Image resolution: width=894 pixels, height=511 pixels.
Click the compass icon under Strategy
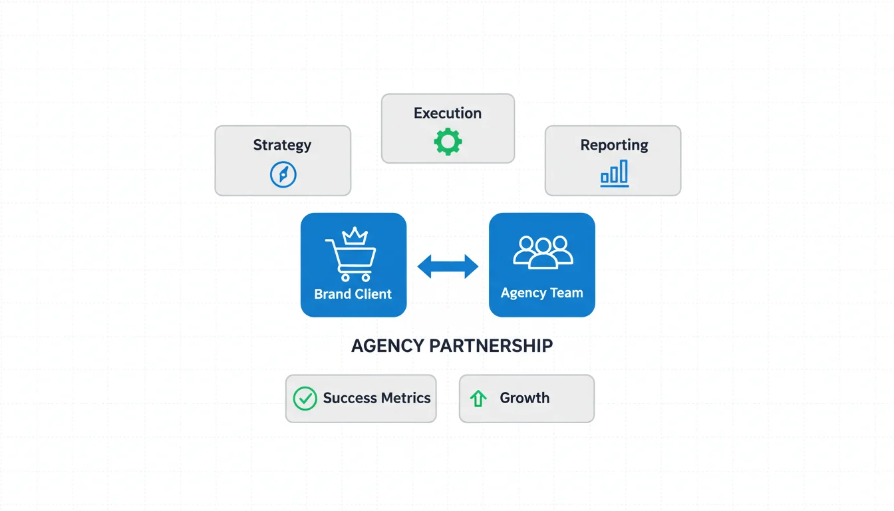[x=283, y=175]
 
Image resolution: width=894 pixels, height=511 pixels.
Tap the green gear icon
[x=448, y=142]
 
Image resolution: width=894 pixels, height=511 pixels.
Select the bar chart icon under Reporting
[x=614, y=174]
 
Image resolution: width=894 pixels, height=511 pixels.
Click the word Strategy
[x=282, y=145]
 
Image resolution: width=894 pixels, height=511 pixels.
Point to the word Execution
[x=448, y=113]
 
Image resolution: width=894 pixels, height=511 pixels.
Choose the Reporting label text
[x=614, y=145]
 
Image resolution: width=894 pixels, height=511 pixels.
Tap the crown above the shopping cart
[x=354, y=236]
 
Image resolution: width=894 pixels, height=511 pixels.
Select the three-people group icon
[x=543, y=252]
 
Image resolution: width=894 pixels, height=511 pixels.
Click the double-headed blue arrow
[x=448, y=266]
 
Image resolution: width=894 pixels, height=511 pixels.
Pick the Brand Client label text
[x=353, y=294]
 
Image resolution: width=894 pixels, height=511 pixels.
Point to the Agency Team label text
[x=541, y=293]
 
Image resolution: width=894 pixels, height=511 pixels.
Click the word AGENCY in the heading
[x=388, y=346]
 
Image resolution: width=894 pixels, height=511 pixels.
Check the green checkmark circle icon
[x=305, y=398]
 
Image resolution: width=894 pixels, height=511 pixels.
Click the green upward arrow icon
[x=478, y=399]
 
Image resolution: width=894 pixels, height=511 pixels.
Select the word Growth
[x=525, y=398]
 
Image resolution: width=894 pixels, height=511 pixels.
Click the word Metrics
[x=406, y=398]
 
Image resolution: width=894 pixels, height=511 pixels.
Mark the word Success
[x=351, y=398]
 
